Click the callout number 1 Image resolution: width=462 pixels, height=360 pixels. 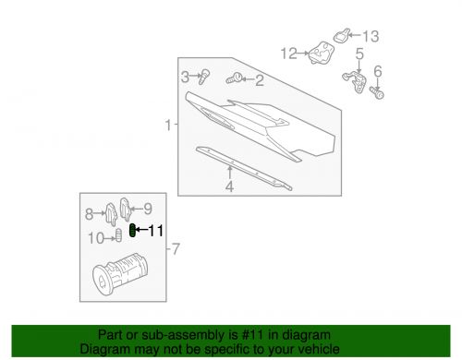coord(168,125)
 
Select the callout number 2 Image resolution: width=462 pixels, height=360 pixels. coord(259,80)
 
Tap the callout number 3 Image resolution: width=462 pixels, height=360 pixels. coord(186,76)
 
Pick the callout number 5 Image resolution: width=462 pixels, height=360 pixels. coord(359,54)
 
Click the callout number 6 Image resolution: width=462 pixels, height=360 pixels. coord(377,71)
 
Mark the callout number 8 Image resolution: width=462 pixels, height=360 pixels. coord(90,214)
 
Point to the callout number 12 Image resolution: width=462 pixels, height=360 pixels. coord(289,53)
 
